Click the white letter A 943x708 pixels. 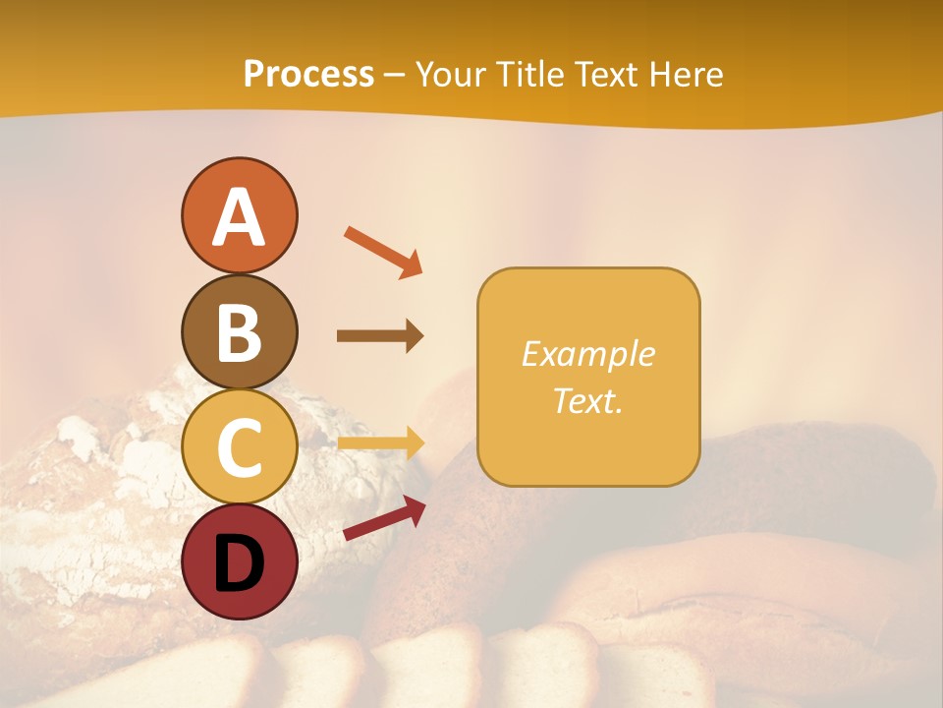point(239,217)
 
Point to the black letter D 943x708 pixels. point(239,563)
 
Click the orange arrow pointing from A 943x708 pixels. point(383,252)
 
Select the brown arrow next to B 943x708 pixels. point(379,336)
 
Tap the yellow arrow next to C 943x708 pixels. point(379,443)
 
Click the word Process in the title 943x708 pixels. point(308,75)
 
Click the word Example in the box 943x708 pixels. point(587,354)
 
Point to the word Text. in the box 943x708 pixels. point(587,400)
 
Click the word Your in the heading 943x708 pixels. point(453,75)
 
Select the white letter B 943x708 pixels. point(239,332)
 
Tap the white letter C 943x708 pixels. point(239,447)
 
